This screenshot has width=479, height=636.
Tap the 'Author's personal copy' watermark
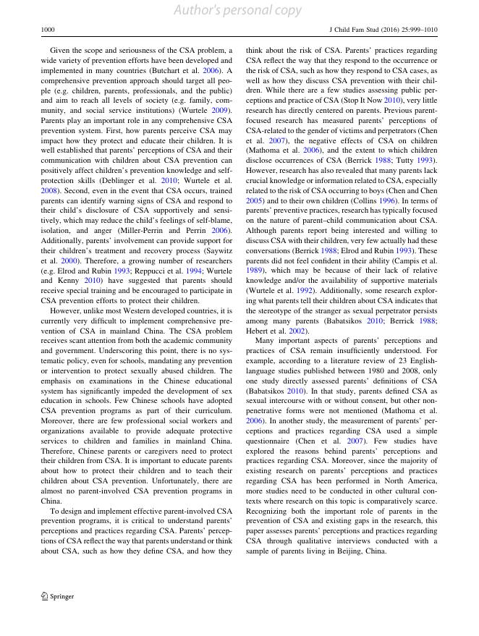click(x=239, y=10)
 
